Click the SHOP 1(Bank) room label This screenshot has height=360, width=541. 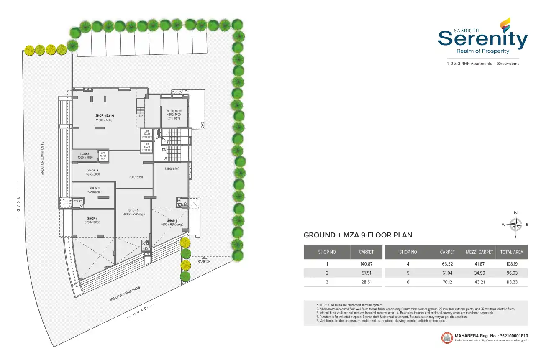(104, 116)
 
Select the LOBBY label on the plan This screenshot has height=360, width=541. (85, 154)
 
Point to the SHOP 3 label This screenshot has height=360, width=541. (94, 188)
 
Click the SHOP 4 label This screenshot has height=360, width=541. (92, 219)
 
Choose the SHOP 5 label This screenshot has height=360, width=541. (133, 210)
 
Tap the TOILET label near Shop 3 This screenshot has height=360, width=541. (78, 201)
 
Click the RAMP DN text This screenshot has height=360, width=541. (205, 262)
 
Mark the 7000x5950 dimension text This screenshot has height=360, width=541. (136, 177)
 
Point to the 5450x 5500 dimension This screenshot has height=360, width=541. (172, 169)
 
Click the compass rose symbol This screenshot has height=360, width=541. (515, 225)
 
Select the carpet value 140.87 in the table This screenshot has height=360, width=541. (366, 264)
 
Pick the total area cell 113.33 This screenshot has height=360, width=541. (512, 282)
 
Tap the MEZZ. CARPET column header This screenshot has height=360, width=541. (479, 252)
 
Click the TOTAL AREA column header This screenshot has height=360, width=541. (512, 252)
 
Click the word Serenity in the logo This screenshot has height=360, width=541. (483, 40)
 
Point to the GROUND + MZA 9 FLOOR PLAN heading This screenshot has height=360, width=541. (358, 235)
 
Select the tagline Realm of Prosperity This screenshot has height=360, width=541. (483, 51)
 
